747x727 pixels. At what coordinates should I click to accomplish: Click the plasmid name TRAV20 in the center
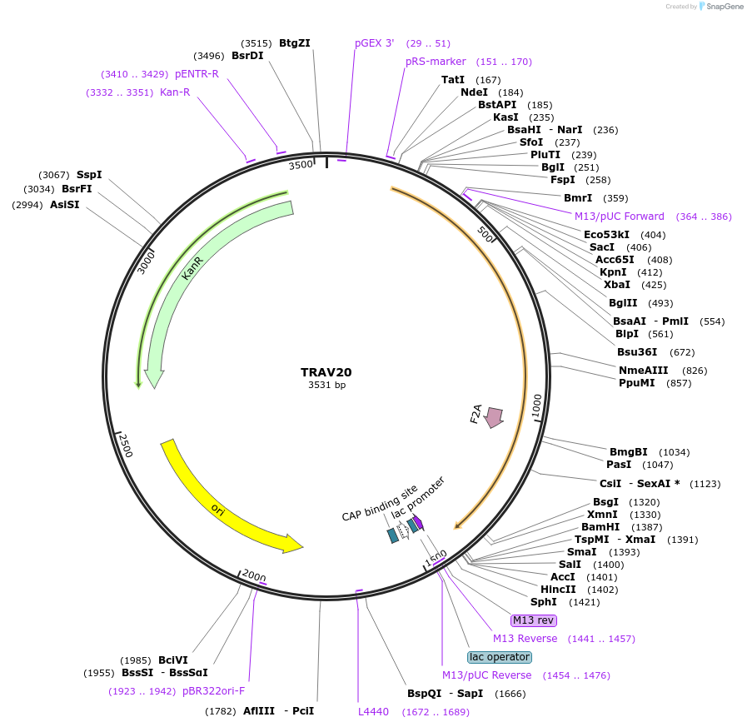coord(326,371)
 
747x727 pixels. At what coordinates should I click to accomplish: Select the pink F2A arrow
coord(494,417)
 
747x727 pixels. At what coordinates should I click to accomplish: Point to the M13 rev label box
coord(533,620)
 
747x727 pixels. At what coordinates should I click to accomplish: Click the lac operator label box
coord(499,657)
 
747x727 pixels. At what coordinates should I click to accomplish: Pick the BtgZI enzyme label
coord(294,42)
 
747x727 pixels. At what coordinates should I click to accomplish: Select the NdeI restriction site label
coord(474,92)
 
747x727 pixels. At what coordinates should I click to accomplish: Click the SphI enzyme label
coord(544,602)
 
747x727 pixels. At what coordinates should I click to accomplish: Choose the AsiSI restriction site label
coord(65,204)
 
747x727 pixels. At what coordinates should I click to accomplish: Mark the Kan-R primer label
coord(175,92)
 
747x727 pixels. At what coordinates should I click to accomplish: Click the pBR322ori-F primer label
coord(213,690)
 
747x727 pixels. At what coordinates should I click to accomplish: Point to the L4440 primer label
coord(373,712)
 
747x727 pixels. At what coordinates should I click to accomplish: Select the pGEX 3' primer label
coord(374,42)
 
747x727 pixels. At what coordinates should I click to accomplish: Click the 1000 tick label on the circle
coord(537,406)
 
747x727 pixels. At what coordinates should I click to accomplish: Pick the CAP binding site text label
coord(379,504)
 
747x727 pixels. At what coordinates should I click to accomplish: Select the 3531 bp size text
coord(326,385)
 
